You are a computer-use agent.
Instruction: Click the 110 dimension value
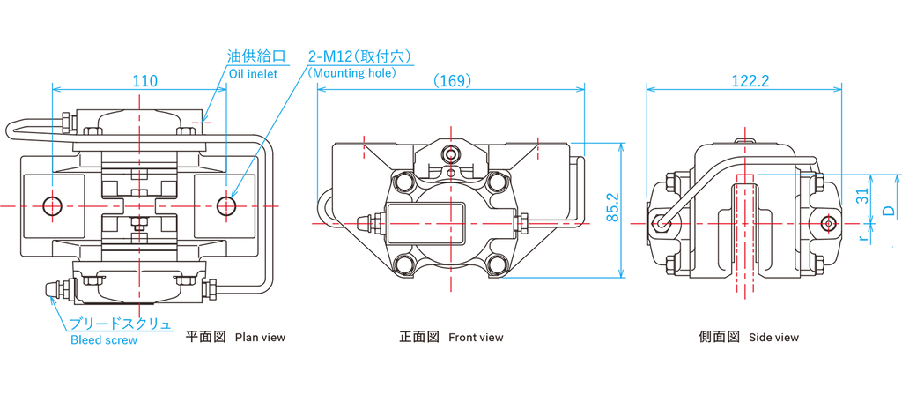point(145,80)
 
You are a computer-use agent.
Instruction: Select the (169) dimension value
point(453,80)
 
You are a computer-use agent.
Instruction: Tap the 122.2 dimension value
point(750,80)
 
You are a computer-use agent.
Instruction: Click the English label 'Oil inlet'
point(253,74)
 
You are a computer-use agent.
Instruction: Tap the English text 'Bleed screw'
point(104,340)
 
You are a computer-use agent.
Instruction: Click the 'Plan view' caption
point(260,337)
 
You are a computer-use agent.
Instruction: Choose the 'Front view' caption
point(476,337)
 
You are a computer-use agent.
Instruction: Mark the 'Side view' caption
point(773,337)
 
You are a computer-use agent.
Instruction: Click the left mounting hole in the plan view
point(53,206)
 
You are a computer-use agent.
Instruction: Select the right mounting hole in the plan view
point(227,206)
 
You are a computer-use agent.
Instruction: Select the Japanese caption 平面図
point(206,337)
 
